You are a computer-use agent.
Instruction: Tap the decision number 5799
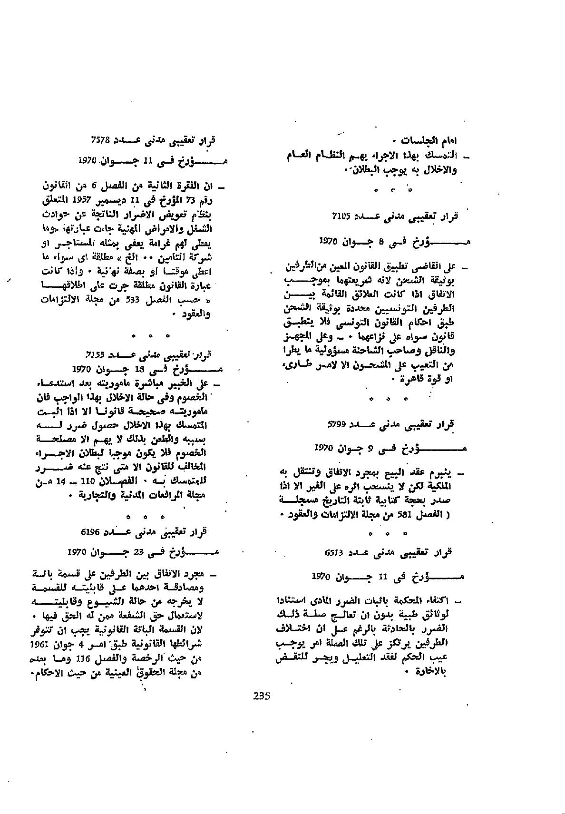[339, 422]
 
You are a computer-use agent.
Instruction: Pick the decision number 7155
[95, 354]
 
